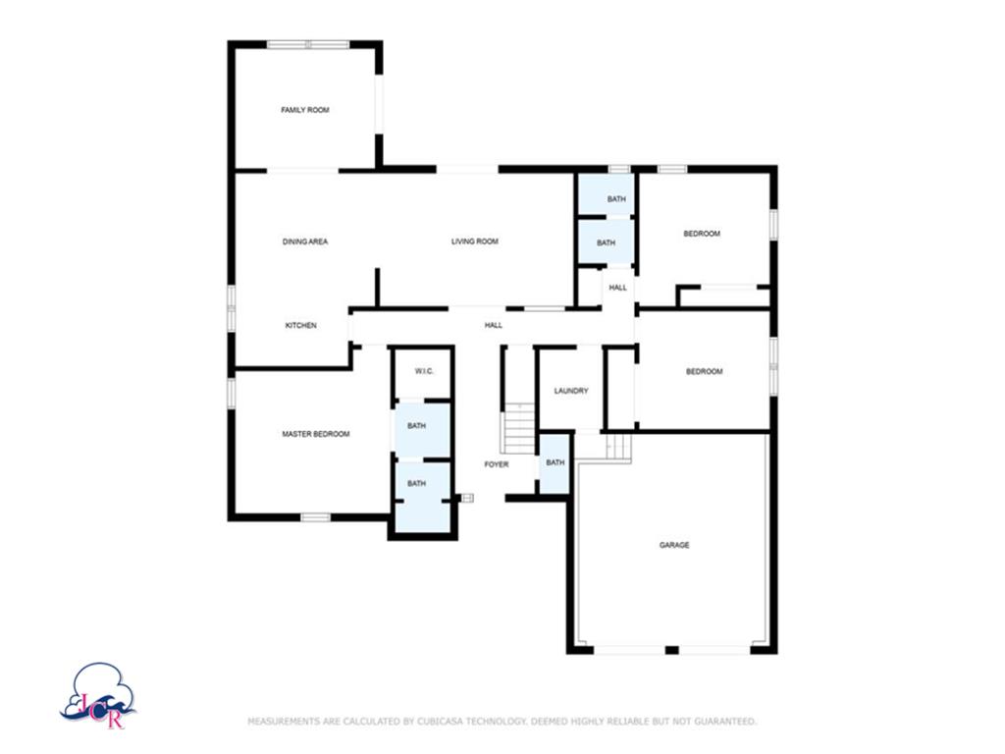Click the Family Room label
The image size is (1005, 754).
pos(304,110)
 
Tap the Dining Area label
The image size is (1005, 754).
pos(304,242)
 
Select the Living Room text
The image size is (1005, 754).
pos(474,242)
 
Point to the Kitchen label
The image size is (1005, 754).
pos(300,326)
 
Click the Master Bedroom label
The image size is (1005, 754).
pos(315,434)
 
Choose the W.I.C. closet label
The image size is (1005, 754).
pos(424,371)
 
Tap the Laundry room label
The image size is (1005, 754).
pos(570,391)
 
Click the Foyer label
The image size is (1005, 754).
pos(497,464)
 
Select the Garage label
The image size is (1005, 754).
pos(673,545)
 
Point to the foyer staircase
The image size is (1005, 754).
pos(518,432)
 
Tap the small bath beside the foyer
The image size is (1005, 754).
pos(555,463)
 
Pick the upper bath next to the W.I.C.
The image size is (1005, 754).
pos(417,426)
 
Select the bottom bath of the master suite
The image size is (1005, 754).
pos(417,484)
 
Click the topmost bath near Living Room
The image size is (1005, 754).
pos(615,199)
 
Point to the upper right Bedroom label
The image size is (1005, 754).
pos(702,234)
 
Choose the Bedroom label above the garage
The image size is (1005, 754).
pos(704,371)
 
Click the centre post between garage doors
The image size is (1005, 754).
pos(671,650)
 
